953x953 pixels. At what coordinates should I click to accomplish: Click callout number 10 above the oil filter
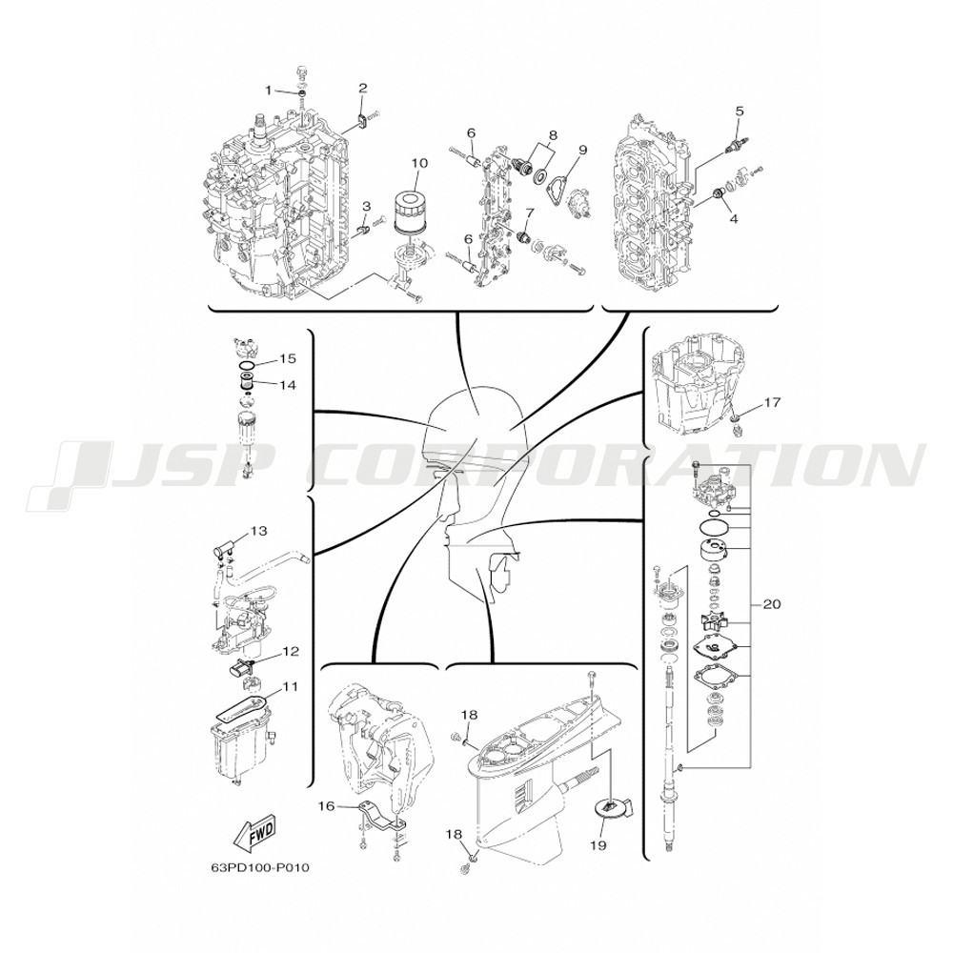tap(419, 163)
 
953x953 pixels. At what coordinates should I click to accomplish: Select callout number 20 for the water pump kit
tap(771, 604)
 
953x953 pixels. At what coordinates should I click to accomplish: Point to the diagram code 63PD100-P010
tap(255, 867)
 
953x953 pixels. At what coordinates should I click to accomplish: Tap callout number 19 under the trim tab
tap(598, 845)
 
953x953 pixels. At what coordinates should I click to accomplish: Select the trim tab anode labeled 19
tap(612, 809)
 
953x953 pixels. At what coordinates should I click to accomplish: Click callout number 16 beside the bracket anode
tap(327, 806)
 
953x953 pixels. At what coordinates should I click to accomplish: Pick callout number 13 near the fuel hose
tap(259, 531)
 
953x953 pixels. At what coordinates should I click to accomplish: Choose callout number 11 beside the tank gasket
tap(291, 686)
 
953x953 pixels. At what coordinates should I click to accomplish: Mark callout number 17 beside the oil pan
tap(772, 402)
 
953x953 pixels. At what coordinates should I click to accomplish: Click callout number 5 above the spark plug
tap(740, 112)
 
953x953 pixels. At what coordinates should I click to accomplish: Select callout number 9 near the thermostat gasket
tap(582, 150)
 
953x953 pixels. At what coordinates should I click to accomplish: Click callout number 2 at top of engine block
tap(363, 88)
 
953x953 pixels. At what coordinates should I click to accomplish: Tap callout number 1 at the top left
tap(268, 91)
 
